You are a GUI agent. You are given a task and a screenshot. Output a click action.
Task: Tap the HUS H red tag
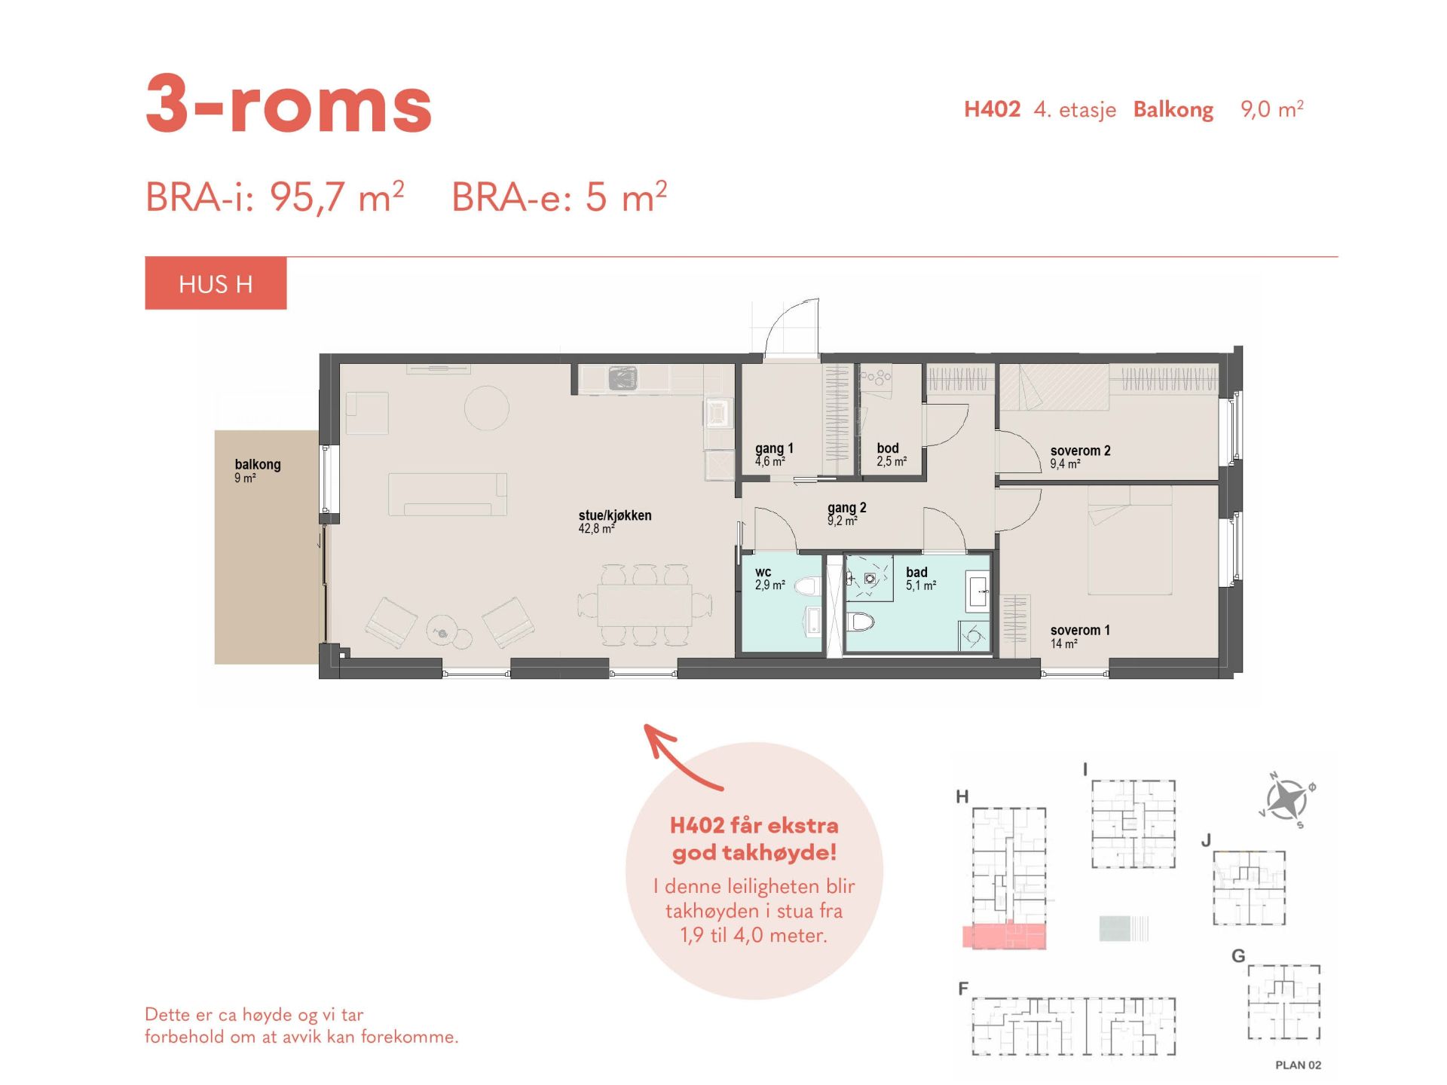pyautogui.click(x=216, y=283)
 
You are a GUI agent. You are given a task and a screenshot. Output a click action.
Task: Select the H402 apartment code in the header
pyautogui.click(x=992, y=109)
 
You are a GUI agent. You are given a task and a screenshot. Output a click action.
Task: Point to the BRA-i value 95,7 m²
pyautogui.click(x=337, y=197)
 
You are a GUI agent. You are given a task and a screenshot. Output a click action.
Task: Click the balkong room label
pyautogui.click(x=258, y=464)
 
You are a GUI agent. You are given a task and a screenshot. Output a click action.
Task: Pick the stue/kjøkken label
pyautogui.click(x=615, y=515)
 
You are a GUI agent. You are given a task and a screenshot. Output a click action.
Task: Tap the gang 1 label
pyautogui.click(x=774, y=448)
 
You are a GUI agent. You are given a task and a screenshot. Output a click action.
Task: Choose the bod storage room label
pyautogui.click(x=888, y=448)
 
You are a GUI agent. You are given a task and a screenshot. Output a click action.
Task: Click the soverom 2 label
pyautogui.click(x=1080, y=451)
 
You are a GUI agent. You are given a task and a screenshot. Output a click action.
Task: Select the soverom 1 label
pyautogui.click(x=1080, y=630)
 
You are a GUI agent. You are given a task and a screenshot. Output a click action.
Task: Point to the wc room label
pyautogui.click(x=763, y=572)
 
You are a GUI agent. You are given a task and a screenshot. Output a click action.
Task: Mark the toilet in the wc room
pyautogui.click(x=808, y=585)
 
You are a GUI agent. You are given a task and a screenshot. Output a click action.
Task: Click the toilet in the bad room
pyautogui.click(x=860, y=622)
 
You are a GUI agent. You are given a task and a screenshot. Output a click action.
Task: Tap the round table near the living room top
pyautogui.click(x=486, y=408)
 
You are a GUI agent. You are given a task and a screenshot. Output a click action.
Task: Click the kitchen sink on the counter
pyautogui.click(x=623, y=377)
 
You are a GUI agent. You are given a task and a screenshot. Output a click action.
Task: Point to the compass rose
pyautogui.click(x=1286, y=799)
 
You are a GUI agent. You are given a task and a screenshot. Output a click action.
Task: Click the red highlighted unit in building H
pyautogui.click(x=1005, y=936)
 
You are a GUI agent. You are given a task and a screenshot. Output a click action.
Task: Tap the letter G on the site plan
pyautogui.click(x=1237, y=956)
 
